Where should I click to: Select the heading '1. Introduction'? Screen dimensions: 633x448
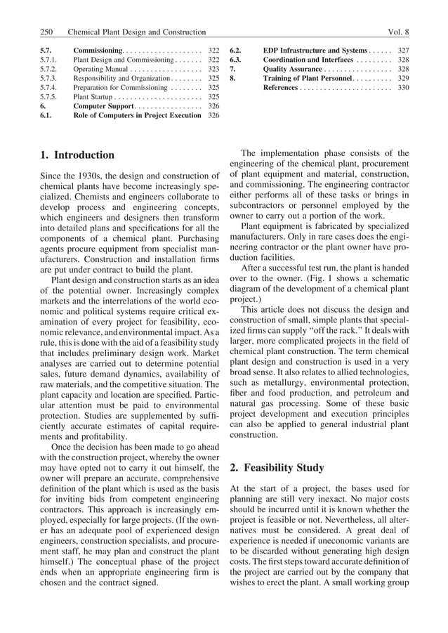click(78, 155)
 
